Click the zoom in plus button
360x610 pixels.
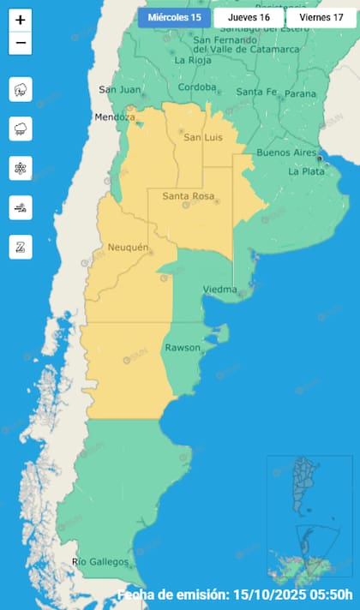(x=21, y=20)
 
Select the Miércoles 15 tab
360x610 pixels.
(x=174, y=17)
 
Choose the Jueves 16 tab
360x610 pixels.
(x=249, y=17)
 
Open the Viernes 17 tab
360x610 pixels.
(x=321, y=17)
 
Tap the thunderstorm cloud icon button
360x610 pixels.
(x=21, y=89)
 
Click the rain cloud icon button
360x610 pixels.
(x=21, y=129)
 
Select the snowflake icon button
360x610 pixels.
(x=21, y=168)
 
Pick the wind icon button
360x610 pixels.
(x=21, y=207)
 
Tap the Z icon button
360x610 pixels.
(x=21, y=247)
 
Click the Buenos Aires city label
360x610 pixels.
(x=280, y=152)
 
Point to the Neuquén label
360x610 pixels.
(x=129, y=248)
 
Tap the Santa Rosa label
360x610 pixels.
(x=188, y=197)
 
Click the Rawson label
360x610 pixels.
(x=183, y=347)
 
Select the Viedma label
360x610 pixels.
(x=219, y=290)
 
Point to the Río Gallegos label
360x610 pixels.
(x=101, y=562)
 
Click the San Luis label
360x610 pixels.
(x=204, y=138)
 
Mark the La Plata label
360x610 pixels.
(x=305, y=171)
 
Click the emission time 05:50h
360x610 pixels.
(x=329, y=595)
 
